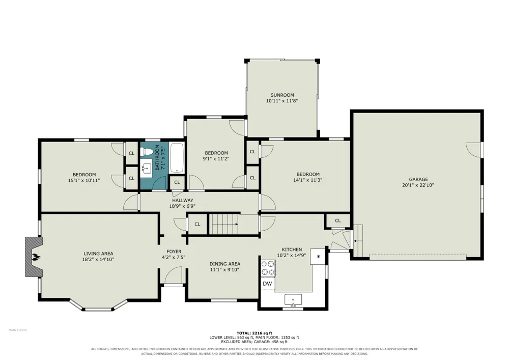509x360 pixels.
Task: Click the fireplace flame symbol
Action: point(36,258)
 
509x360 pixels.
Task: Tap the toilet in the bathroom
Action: point(147,152)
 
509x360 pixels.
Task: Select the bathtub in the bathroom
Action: point(177,158)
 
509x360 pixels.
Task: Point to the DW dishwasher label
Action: point(267,284)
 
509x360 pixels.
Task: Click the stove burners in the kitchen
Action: point(268,268)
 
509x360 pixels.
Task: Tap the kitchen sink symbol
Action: point(293,300)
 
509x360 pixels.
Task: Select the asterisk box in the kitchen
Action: point(319,257)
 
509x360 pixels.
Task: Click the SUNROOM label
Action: point(282,95)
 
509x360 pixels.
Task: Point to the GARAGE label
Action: point(418,179)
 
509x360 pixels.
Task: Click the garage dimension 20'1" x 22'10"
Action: point(418,185)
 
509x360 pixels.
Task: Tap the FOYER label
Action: point(174,252)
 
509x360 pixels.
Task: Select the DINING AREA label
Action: point(225,264)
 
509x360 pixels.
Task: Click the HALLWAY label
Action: point(182,200)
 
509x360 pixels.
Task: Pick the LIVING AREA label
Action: point(98,254)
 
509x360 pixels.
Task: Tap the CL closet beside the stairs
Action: point(197,224)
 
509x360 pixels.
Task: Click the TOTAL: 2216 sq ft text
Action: point(254,333)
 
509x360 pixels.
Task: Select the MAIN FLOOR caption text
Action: point(17,330)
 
